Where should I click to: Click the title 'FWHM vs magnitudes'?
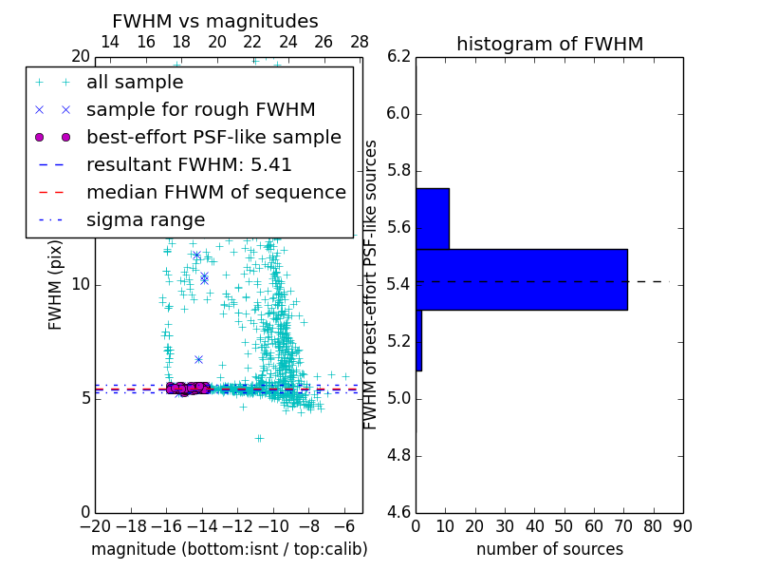point(215,21)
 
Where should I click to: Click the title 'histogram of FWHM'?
point(549,44)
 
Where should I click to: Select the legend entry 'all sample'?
point(135,83)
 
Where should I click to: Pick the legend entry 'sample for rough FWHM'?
point(200,110)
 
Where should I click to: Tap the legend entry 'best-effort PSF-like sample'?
point(213,137)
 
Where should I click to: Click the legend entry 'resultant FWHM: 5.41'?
point(189,164)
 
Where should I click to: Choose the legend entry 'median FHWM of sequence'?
point(215,192)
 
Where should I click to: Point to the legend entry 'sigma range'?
point(145,220)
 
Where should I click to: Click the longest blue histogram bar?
point(521,279)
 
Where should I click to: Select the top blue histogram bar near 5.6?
point(432,218)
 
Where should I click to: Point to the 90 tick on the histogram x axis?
point(682,525)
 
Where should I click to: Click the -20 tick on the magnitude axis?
point(95,525)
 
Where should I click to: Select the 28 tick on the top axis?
point(360,43)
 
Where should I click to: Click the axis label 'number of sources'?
point(549,549)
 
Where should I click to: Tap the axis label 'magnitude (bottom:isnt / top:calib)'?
point(229,549)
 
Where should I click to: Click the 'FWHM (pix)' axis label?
point(56,285)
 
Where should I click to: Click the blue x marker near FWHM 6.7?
point(198,359)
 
